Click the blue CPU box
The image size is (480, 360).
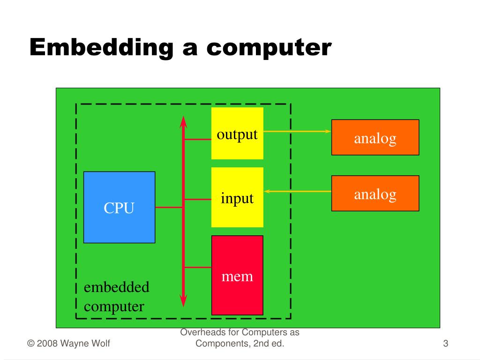[119, 207]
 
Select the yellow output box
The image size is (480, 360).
[237, 133]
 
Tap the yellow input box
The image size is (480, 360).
[237, 197]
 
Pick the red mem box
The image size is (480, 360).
[237, 275]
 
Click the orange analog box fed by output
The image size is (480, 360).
[375, 137]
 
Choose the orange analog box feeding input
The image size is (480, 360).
[375, 193]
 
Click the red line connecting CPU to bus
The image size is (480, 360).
[169, 207]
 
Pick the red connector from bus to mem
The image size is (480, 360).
[197, 267]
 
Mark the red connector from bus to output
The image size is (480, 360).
[197, 139]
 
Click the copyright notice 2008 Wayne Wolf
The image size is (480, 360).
[69, 344]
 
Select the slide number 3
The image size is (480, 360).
[446, 344]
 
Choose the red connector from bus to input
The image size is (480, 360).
[197, 200]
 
